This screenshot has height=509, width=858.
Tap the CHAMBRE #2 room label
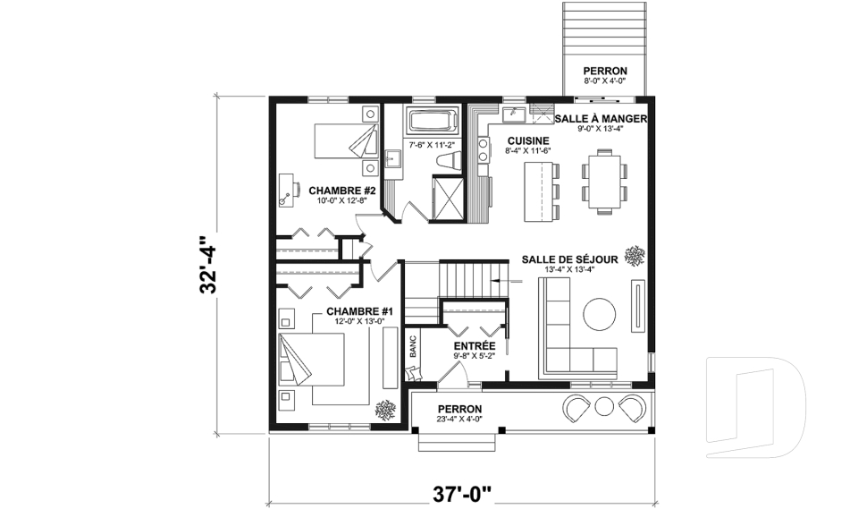tap(341, 191)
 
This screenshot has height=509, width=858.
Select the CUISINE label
tap(527, 141)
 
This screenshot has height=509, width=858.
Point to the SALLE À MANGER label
tap(601, 118)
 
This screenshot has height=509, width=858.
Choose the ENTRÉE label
tap(474, 344)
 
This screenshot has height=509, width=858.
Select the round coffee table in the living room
tap(600, 315)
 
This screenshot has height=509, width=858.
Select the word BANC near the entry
tap(413, 347)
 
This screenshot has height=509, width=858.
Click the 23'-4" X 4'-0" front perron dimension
tap(459, 418)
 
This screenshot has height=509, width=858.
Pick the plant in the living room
tap(635, 257)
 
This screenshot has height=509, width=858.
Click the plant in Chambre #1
tap(386, 411)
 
